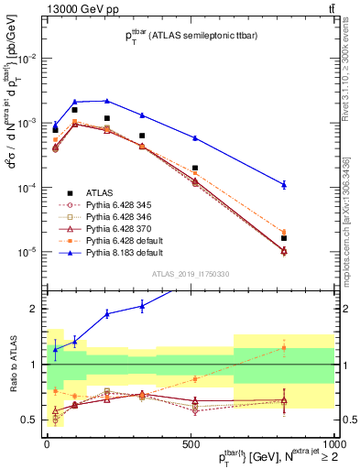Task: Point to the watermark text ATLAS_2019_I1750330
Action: (x=190, y=274)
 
